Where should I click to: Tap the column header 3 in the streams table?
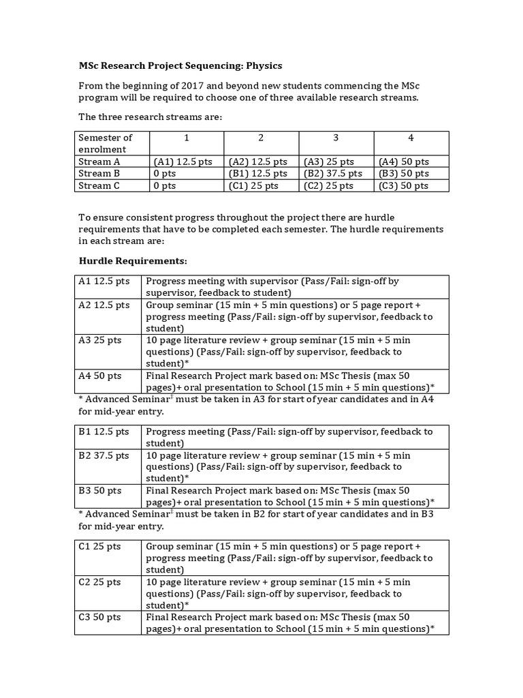[x=336, y=138]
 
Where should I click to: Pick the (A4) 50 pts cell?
[x=405, y=162]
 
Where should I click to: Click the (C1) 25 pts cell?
[x=253, y=185]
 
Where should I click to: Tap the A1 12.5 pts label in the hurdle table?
[x=104, y=281]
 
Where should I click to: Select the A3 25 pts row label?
[x=100, y=340]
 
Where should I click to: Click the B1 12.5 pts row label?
[x=104, y=431]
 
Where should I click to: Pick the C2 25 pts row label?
[x=100, y=582]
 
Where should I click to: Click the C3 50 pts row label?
[x=100, y=617]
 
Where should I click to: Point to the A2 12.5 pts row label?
[x=104, y=305]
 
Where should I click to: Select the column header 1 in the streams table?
[x=186, y=138]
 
